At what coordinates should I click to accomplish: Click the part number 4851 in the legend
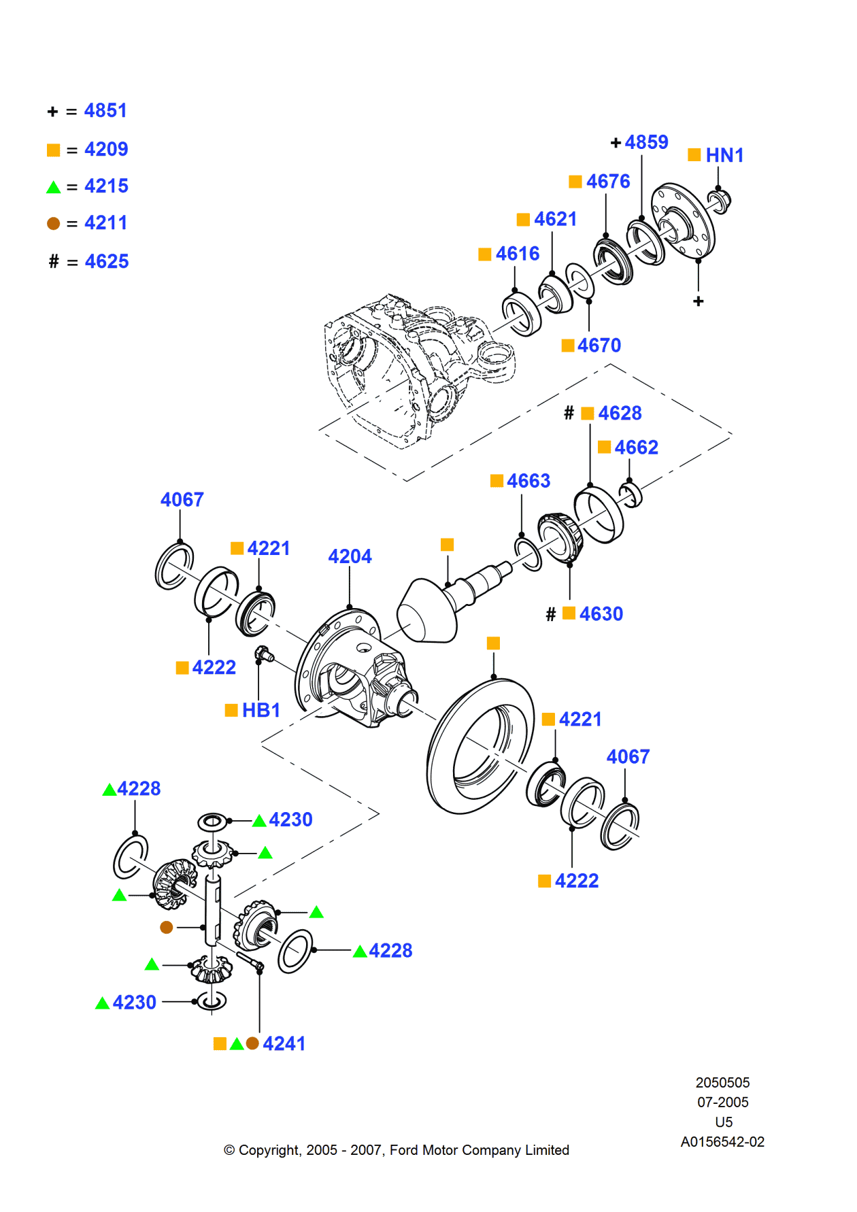coord(105,110)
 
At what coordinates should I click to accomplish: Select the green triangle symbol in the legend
coord(54,187)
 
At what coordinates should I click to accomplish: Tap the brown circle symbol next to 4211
coord(54,224)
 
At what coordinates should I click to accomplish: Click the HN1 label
coord(724,156)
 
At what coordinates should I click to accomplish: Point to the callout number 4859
coord(646,142)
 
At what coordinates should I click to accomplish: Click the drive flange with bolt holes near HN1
coord(684,221)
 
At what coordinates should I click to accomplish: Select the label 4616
coord(517,254)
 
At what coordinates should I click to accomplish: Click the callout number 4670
coord(599,346)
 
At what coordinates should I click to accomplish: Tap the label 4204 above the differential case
coord(350,556)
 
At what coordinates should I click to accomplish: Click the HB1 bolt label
coord(261,710)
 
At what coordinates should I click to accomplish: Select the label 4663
coord(528,481)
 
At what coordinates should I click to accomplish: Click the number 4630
coord(601,614)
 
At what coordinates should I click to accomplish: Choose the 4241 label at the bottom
coord(284,1043)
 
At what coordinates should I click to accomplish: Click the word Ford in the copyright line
coord(403,1150)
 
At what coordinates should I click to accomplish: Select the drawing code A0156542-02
coord(722,1142)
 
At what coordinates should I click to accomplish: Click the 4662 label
coord(636,448)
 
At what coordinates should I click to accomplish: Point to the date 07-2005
coord(722,1102)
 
